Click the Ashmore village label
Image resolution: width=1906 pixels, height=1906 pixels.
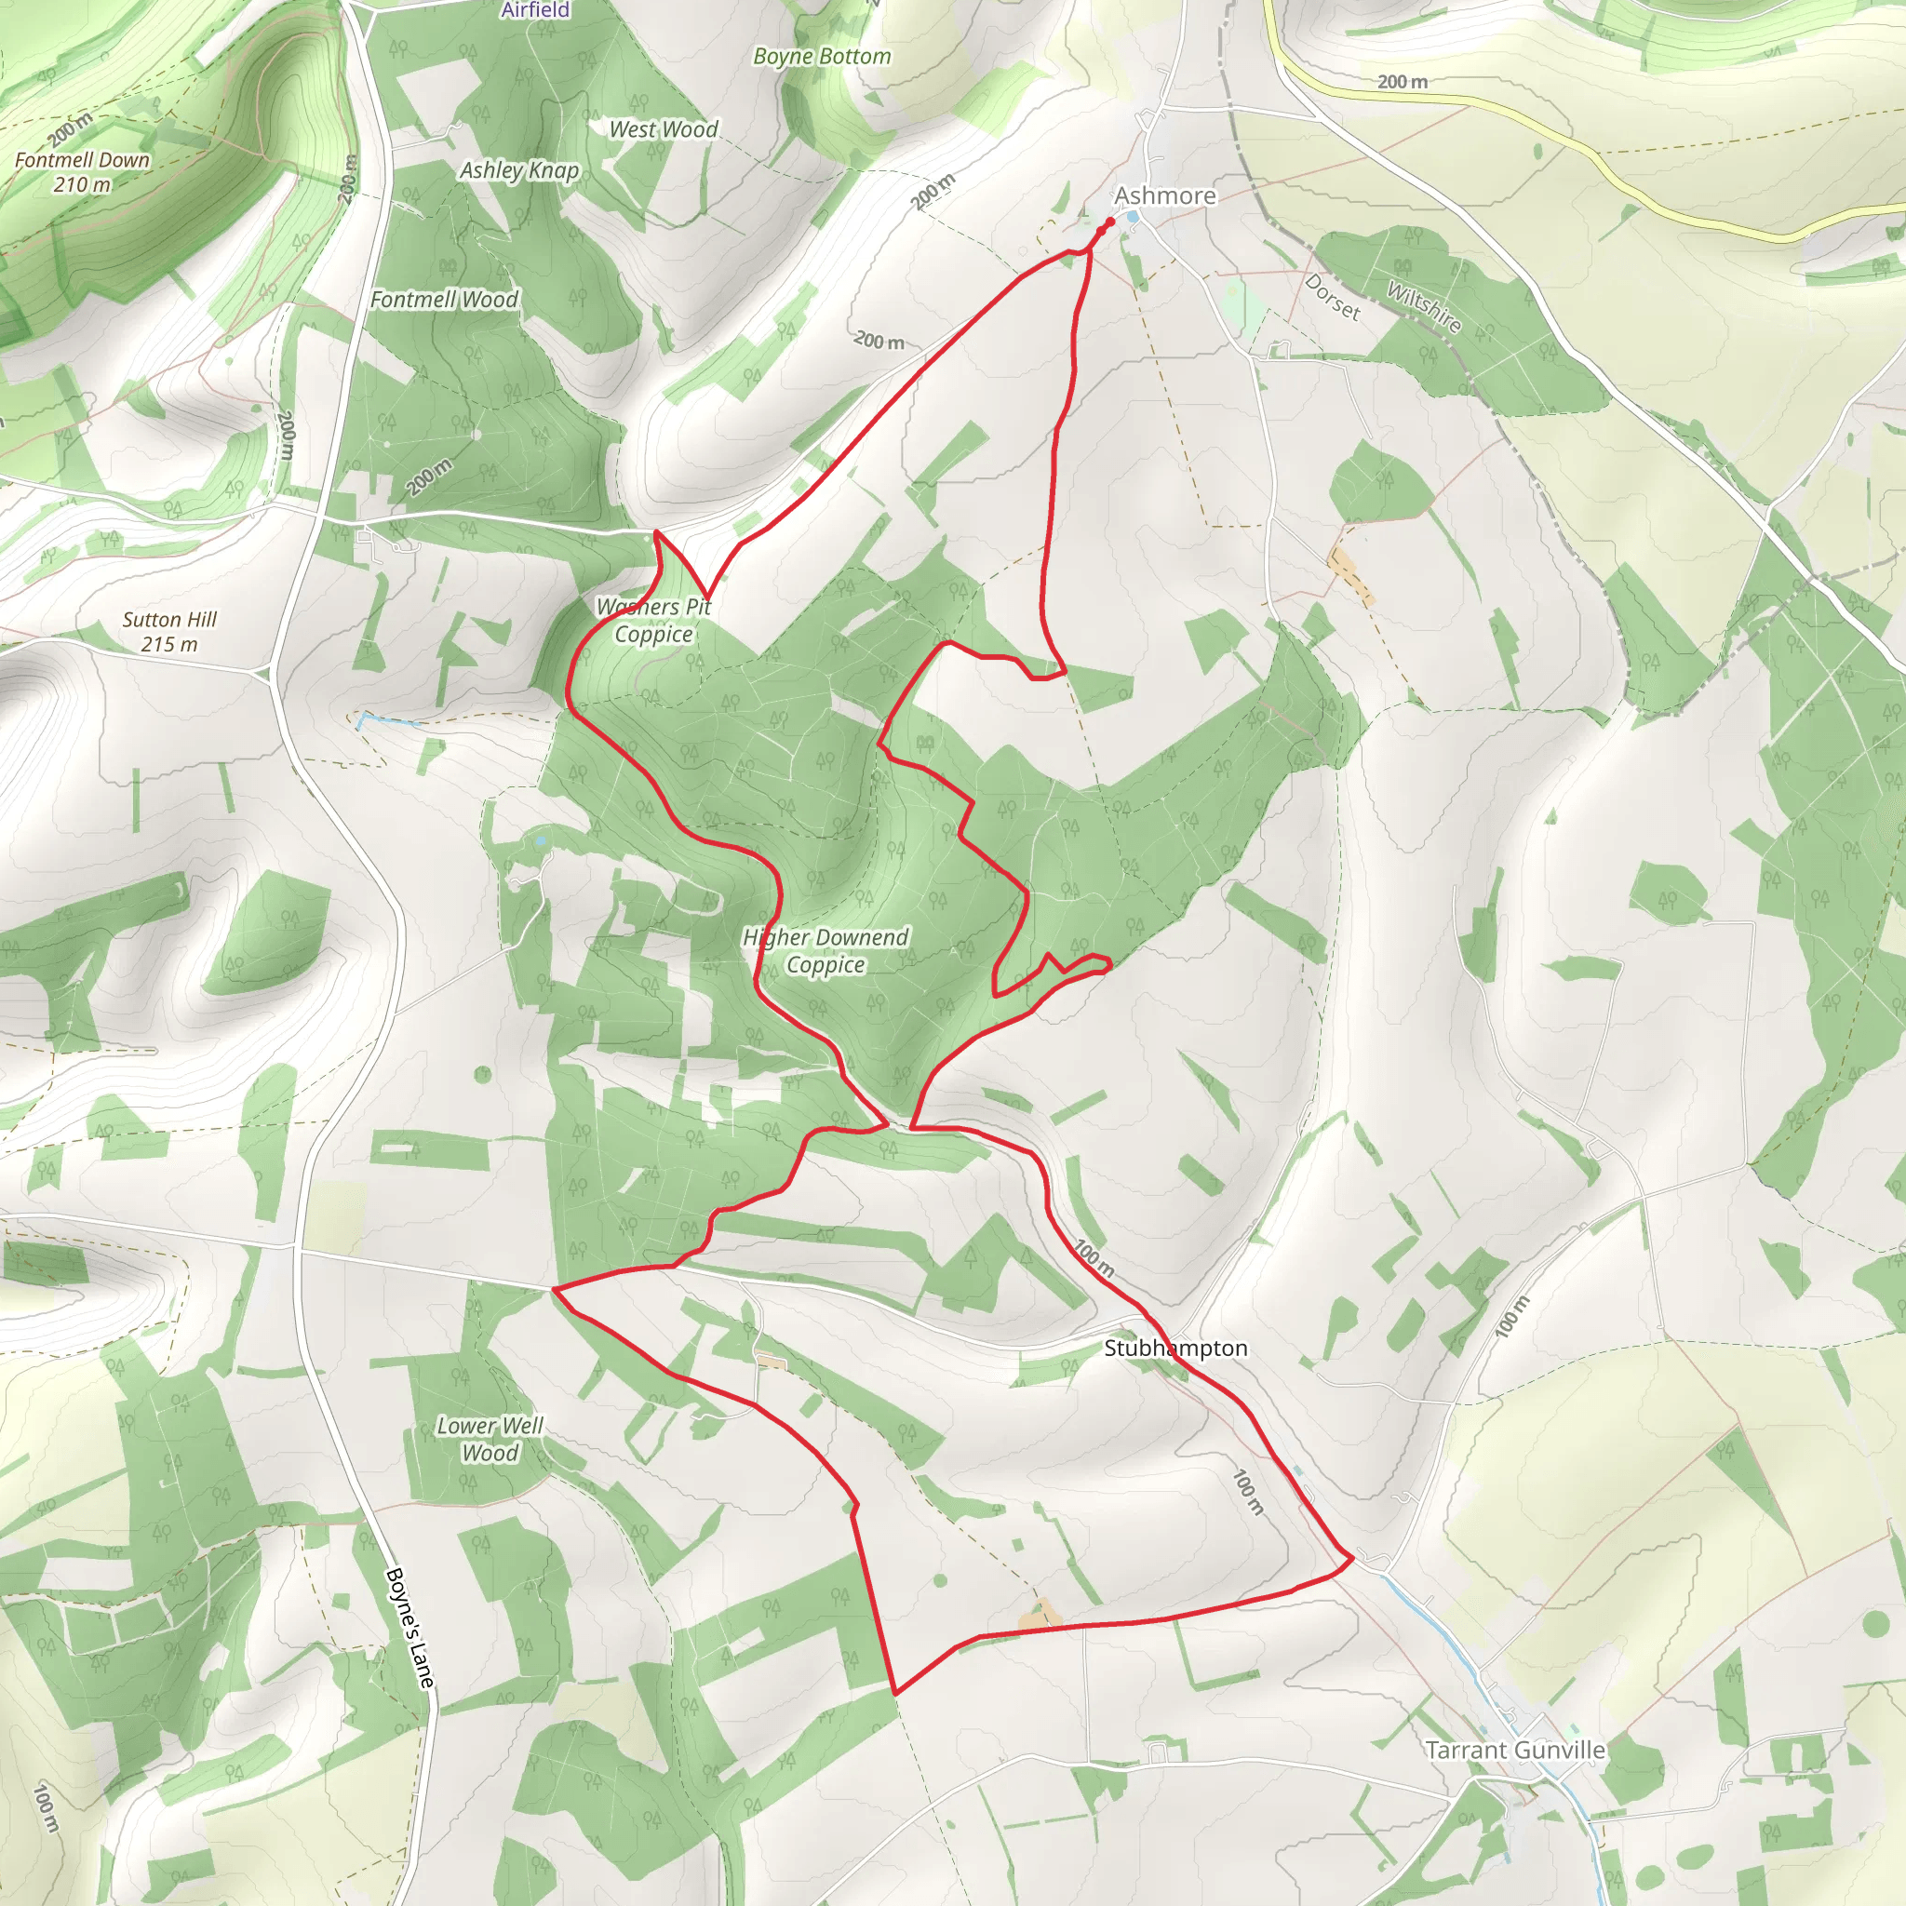1165,195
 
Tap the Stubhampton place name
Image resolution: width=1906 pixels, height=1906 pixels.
1175,1348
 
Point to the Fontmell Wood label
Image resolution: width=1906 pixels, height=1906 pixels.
444,299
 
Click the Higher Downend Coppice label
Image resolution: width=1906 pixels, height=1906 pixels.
825,950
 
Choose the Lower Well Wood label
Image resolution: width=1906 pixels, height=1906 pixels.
490,1439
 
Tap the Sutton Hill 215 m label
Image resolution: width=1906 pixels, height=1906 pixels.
169,631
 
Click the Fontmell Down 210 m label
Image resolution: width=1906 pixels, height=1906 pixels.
83,171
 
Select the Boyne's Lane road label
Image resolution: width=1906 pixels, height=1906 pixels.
409,1627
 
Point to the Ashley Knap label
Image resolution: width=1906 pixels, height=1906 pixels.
519,169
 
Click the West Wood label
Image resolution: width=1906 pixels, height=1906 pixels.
663,129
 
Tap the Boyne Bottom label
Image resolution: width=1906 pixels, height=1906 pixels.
822,56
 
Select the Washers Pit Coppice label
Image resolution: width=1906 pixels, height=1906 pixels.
653,621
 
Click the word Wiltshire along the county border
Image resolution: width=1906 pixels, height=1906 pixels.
1424,306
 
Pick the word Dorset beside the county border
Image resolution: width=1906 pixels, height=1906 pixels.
1333,297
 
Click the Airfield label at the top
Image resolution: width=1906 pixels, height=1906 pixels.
535,10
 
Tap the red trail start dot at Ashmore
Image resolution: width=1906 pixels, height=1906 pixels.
1110,222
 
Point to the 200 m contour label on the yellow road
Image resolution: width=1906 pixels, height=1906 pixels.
1402,82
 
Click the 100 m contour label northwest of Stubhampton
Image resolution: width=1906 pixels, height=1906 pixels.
1094,1259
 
